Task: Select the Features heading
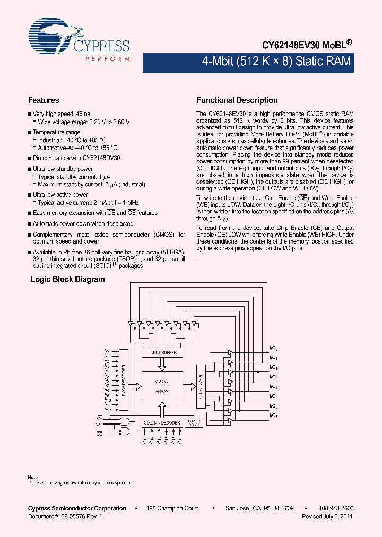click(44, 100)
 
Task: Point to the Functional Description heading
click(237, 100)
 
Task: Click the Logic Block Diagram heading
click(68, 279)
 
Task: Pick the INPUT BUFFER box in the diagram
click(162, 352)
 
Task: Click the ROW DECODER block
click(124, 380)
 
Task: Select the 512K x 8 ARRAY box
click(162, 386)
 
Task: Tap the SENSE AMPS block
click(201, 386)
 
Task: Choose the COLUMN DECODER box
click(162, 423)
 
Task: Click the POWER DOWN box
click(194, 423)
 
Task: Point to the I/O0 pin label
click(274, 349)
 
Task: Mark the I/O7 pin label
click(274, 415)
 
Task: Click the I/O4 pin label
click(274, 387)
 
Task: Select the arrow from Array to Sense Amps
click(189, 386)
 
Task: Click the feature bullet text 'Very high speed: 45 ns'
click(62, 114)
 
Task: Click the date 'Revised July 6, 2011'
click(327, 516)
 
